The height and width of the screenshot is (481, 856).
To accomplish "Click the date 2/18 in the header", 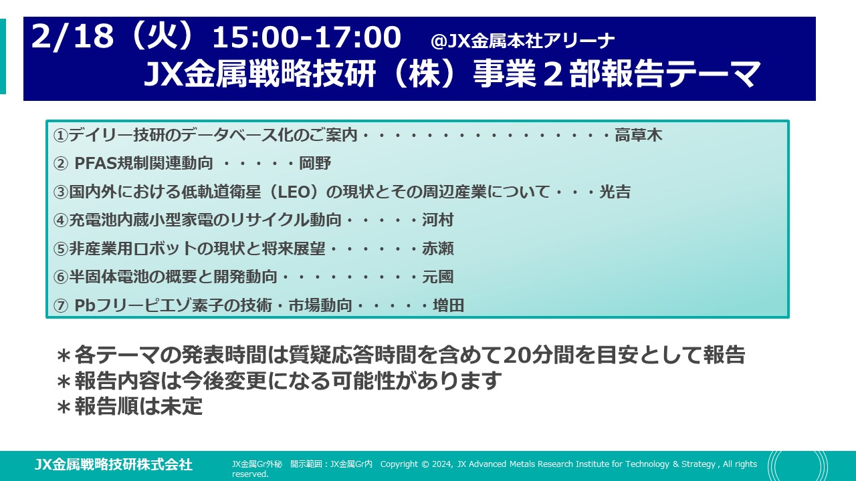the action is (x=73, y=37).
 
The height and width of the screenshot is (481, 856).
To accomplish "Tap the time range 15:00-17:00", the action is (x=306, y=37).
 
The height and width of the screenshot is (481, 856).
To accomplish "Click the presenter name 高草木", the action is (x=638, y=135).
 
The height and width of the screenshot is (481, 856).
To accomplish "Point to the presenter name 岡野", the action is (x=315, y=164).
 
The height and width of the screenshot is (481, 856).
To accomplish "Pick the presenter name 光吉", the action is (x=615, y=192).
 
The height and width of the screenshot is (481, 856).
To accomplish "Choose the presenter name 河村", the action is (x=438, y=220).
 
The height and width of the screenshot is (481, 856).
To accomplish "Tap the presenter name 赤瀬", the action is (x=438, y=249).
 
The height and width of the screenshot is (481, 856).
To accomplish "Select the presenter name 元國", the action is (x=438, y=277).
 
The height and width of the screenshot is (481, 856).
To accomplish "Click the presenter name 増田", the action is (x=448, y=305).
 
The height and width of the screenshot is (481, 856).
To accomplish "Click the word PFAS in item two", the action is (x=95, y=164).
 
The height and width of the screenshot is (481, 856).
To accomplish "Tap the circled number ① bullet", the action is (x=60, y=136).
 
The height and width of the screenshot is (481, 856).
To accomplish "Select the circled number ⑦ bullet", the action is (x=60, y=306).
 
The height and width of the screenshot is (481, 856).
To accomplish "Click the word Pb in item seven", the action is (x=85, y=305).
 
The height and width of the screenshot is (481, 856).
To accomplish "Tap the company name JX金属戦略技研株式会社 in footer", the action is (x=114, y=464).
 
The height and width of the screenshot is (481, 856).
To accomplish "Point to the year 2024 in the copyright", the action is (x=442, y=464).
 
